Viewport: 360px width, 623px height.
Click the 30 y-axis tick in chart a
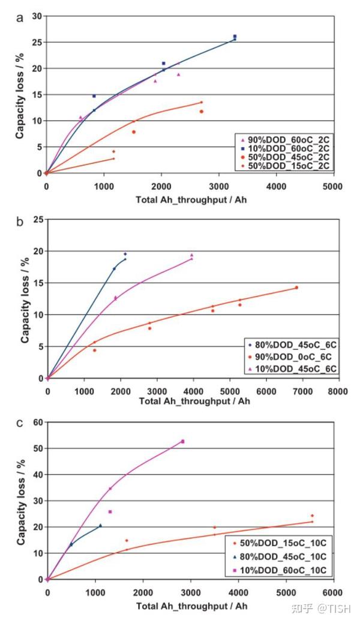coord(36,16)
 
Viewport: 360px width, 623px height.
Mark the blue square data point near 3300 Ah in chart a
coord(235,37)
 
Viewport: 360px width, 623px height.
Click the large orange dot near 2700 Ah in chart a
coord(202,112)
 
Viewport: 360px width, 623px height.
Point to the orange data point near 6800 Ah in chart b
coord(296,287)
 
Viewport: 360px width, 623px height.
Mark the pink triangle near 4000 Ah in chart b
coord(192,255)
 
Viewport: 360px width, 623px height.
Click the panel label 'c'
coord(20,423)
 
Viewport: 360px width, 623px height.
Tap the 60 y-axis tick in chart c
coord(36,423)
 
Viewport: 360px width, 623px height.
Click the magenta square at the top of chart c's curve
coord(182,441)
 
